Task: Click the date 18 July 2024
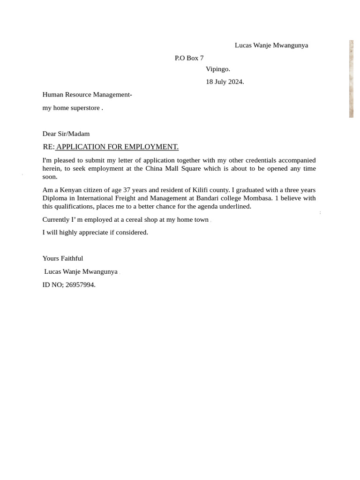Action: (225, 82)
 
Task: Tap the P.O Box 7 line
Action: (189, 58)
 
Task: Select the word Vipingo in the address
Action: (217, 69)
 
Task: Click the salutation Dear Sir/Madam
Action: (66, 134)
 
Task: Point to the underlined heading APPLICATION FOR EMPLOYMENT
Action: (117, 147)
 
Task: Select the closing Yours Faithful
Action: (63, 258)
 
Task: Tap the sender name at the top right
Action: (271, 45)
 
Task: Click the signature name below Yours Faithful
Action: (81, 271)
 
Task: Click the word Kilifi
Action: (202, 190)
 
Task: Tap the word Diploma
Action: (55, 198)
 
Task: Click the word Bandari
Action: (208, 198)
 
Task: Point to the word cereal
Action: (136, 219)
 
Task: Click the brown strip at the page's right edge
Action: (351, 79)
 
